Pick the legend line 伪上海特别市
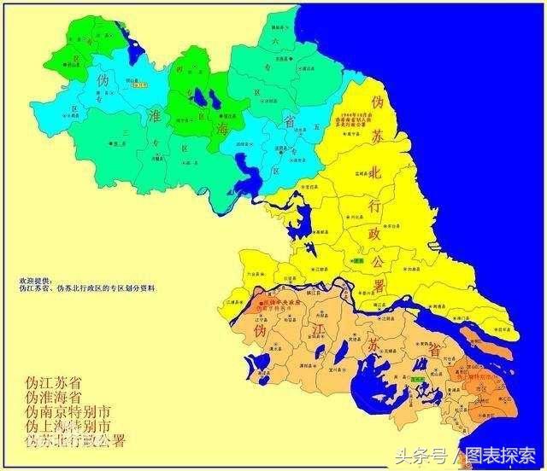[x=68, y=426]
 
